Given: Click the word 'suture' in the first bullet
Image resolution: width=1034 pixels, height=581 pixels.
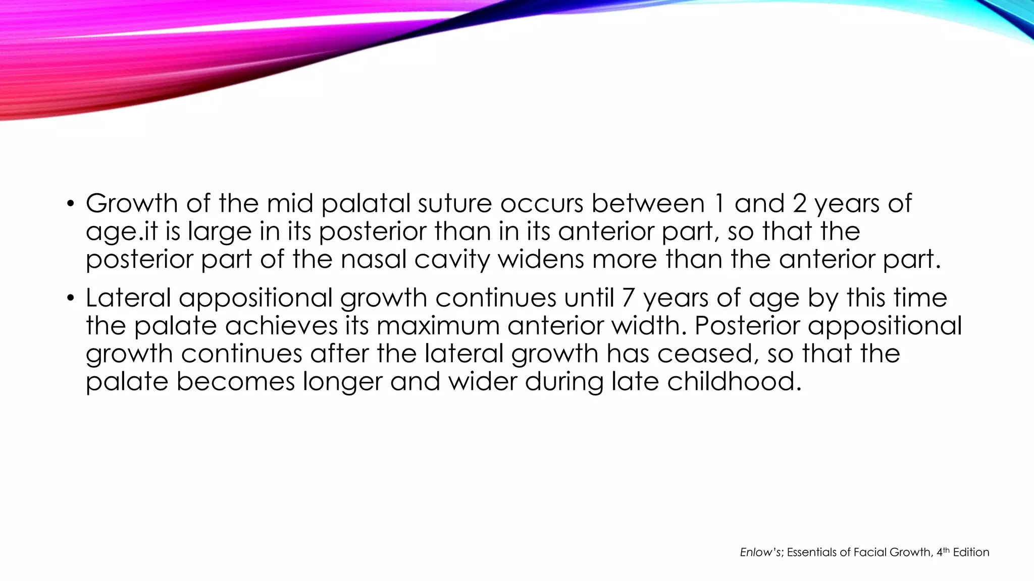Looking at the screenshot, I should [455, 203].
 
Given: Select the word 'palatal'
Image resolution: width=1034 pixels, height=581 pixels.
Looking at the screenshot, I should [368, 203].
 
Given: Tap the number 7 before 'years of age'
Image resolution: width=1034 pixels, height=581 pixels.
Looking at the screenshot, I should [628, 298].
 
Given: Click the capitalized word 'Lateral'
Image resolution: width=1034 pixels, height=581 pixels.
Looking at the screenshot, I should [128, 298].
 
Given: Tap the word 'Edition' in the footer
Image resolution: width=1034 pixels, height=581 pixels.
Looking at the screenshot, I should [971, 553].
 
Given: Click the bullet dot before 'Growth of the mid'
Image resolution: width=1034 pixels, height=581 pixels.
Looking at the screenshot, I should [71, 204].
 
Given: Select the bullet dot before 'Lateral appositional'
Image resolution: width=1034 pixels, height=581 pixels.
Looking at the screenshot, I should [71, 299].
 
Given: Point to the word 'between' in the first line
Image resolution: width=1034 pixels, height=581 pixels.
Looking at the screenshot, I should [648, 203].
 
